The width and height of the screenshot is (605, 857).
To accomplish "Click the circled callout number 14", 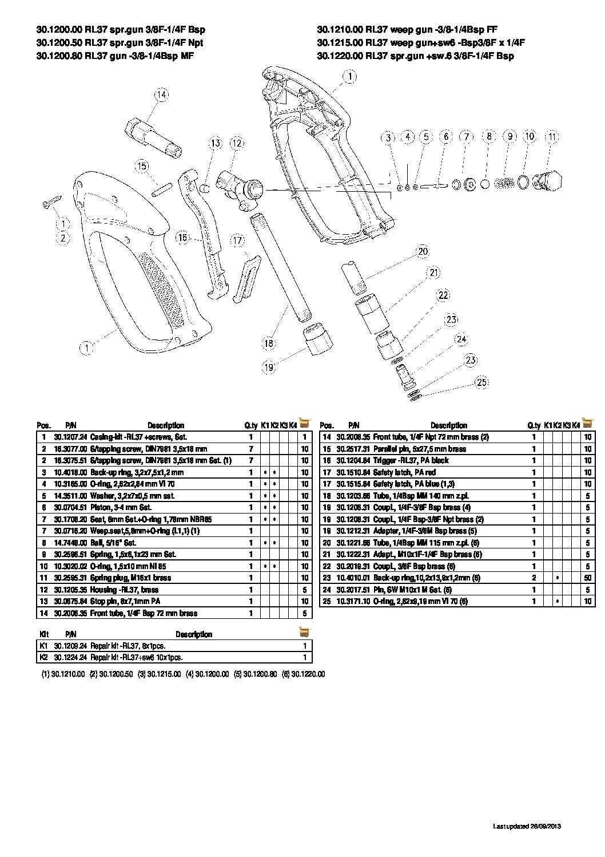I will coord(162,95).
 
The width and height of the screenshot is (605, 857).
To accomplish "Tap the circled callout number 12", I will coord(236,143).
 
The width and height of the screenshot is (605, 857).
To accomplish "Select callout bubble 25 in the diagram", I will coord(482,382).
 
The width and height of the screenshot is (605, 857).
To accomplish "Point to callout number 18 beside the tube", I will coord(269,343).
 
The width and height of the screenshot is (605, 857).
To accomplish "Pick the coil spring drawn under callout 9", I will coord(504,183).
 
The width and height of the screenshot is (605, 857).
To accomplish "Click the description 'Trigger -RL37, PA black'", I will coord(411,460).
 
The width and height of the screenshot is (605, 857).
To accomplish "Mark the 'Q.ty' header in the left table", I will coord(251,425).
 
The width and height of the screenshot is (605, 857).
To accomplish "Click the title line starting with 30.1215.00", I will coord(421,42).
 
